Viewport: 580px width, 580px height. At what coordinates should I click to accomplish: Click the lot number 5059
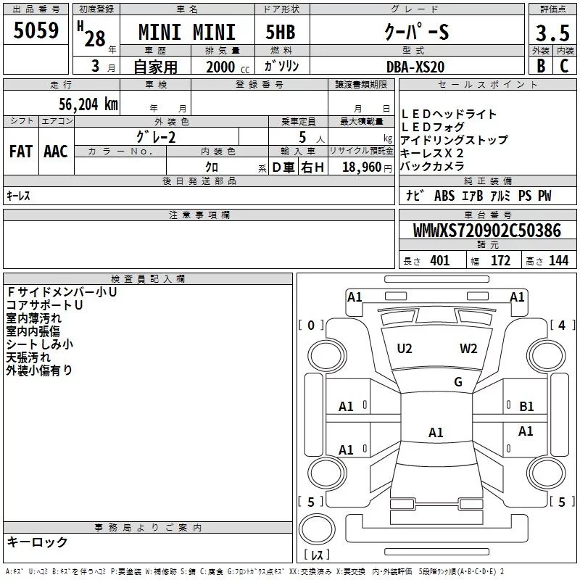pyautogui.click(x=36, y=32)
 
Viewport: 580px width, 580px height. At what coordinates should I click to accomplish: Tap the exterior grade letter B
pyautogui.click(x=539, y=65)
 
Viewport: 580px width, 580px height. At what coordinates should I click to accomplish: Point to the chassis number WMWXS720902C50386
pyautogui.click(x=486, y=231)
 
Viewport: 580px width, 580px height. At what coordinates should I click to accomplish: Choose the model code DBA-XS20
pyautogui.click(x=415, y=66)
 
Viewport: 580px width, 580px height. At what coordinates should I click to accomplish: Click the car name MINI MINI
pyautogui.click(x=187, y=33)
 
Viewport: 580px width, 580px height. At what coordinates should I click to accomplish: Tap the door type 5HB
pyautogui.click(x=280, y=33)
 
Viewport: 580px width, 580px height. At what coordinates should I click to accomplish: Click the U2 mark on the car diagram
pyautogui.click(x=405, y=349)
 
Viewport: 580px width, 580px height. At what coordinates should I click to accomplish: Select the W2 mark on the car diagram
pyautogui.click(x=468, y=349)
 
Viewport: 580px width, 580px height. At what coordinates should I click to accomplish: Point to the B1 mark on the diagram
pyautogui.click(x=526, y=407)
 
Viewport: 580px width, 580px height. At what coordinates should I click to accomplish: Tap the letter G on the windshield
pyautogui.click(x=457, y=382)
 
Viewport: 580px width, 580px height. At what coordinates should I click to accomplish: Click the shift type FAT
pyautogui.click(x=20, y=151)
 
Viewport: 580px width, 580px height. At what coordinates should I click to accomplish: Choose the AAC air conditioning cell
pyautogui.click(x=56, y=151)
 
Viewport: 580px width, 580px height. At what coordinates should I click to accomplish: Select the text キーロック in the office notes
pyautogui.click(x=37, y=542)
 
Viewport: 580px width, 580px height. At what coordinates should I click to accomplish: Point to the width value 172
pyautogui.click(x=500, y=261)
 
